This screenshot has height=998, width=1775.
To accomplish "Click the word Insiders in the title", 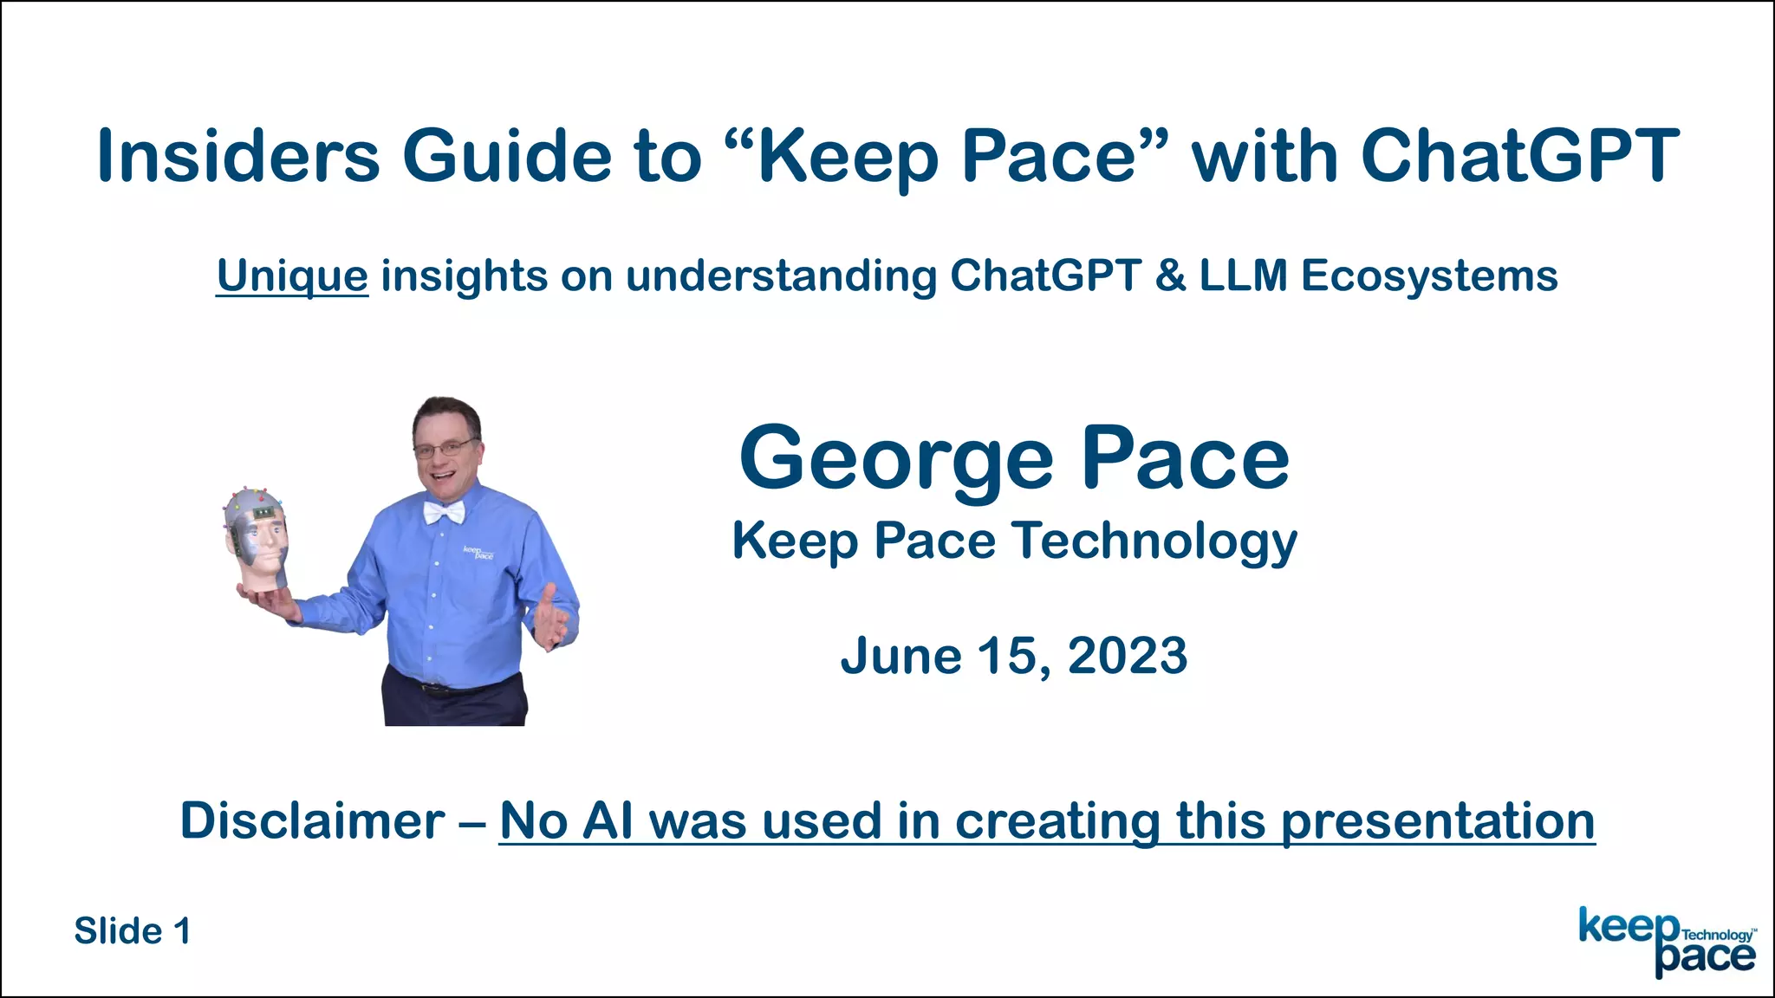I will click(238, 156).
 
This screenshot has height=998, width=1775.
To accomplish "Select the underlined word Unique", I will click(292, 276).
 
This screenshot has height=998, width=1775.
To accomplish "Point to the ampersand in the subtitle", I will click(1170, 276).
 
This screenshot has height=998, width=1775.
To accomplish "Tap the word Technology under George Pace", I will click(1154, 542).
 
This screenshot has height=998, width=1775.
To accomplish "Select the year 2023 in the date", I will click(1127, 656).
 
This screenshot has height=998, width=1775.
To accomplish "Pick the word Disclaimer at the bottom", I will click(312, 820).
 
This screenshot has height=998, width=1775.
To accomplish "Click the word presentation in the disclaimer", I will click(1437, 820).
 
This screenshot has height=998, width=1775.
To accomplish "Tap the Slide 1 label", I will click(132, 931).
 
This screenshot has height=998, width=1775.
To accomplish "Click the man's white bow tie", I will click(444, 513).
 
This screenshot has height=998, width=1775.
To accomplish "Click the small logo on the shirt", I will click(478, 553).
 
